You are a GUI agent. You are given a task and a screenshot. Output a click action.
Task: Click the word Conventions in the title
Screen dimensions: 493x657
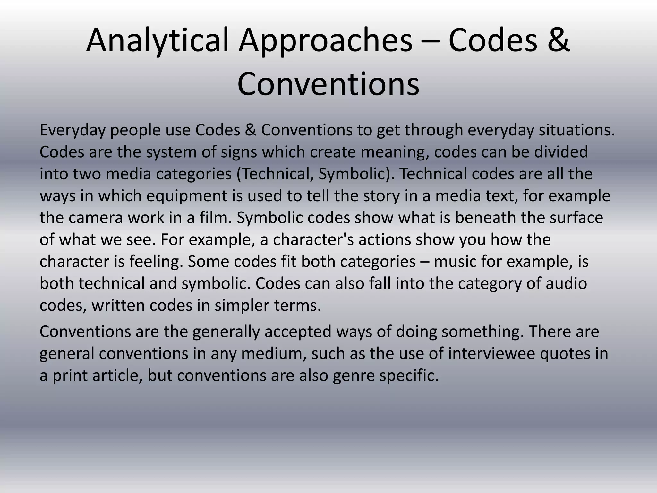[328, 84]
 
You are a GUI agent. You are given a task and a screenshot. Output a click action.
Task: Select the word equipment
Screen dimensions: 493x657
[187, 196]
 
